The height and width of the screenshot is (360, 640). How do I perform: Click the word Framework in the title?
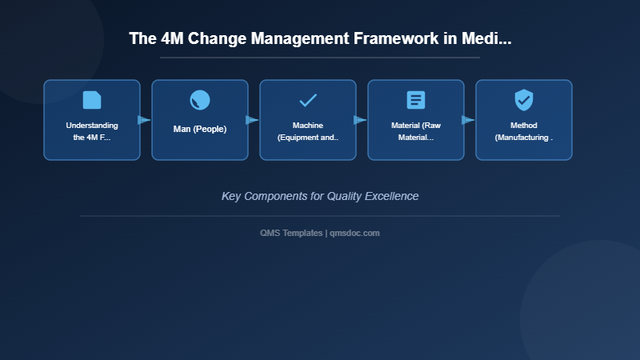(386, 39)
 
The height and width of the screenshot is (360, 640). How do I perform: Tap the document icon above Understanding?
(92, 100)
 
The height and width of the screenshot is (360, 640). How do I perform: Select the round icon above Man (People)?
(200, 100)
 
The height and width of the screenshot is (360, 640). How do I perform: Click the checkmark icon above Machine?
(308, 100)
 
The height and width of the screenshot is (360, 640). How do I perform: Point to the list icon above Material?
(416, 100)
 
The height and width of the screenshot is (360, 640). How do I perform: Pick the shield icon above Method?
(524, 100)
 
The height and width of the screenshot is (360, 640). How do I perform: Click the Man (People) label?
(200, 129)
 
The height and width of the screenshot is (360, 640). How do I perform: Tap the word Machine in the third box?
(308, 126)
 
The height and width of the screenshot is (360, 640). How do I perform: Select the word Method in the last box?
(524, 126)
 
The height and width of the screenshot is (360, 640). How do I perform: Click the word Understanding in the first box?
(92, 126)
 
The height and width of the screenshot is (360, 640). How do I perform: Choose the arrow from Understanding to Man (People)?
(144, 120)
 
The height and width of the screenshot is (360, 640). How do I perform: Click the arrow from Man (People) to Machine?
(252, 120)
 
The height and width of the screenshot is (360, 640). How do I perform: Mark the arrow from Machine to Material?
(360, 120)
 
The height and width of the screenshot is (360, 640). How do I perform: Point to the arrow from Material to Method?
(468, 120)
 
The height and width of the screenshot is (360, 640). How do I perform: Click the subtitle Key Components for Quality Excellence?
(320, 196)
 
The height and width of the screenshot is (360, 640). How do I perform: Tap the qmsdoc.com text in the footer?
(355, 233)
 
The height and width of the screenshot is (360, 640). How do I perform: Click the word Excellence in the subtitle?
(390, 196)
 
